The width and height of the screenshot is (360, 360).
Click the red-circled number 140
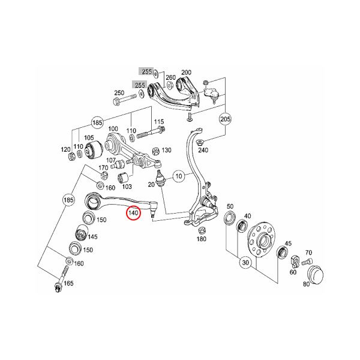(133, 212)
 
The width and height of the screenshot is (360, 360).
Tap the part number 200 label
(185, 72)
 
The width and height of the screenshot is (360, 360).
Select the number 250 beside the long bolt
(119, 93)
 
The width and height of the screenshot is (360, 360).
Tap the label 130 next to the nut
(166, 150)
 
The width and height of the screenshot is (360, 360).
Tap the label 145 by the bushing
(93, 236)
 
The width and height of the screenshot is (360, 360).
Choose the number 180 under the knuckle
(202, 239)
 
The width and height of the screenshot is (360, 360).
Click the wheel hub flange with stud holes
(263, 238)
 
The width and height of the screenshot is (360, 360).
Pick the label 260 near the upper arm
(170, 78)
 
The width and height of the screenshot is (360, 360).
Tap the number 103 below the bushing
(127, 187)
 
